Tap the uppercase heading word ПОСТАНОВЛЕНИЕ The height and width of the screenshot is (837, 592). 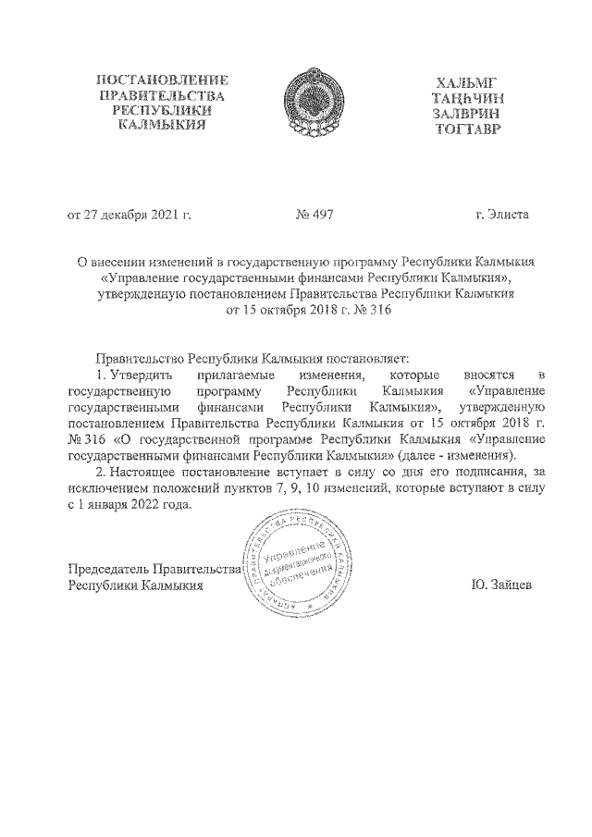pyautogui.click(x=162, y=80)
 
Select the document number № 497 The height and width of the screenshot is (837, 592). pyautogui.click(x=314, y=215)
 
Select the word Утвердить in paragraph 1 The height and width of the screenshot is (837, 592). pyautogui.click(x=139, y=374)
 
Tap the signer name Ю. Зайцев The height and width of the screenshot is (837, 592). pyautogui.click(x=500, y=585)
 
